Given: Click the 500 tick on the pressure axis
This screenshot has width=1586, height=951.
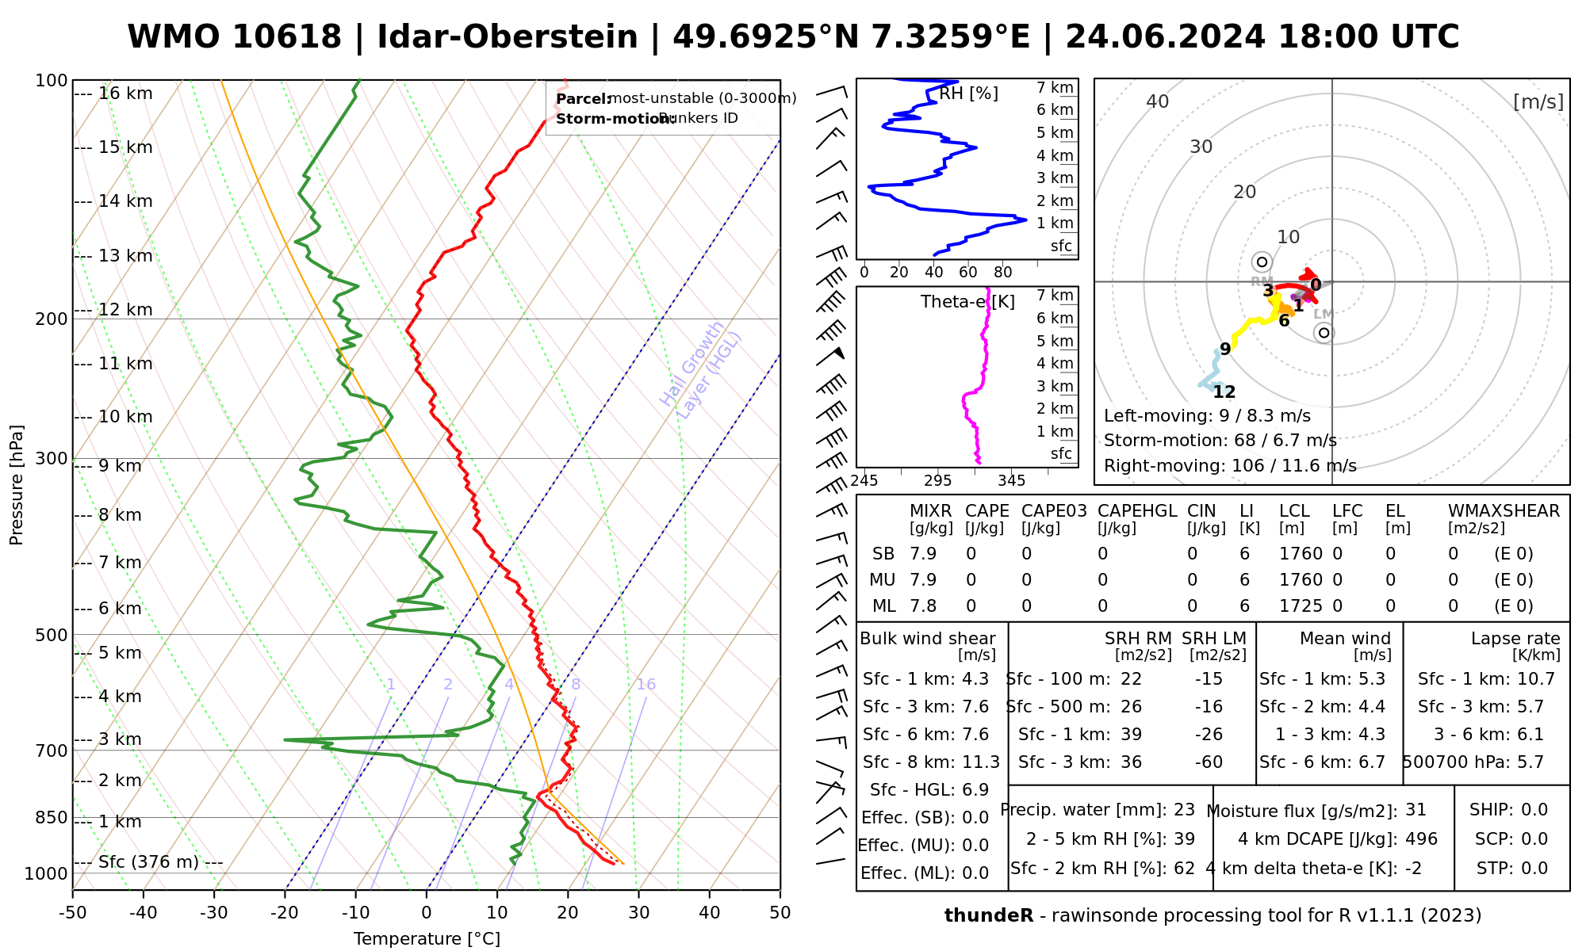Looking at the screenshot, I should (x=52, y=635).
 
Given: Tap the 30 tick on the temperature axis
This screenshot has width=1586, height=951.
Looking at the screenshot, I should (x=638, y=913).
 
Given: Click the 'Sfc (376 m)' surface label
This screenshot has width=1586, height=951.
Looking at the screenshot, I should (x=148, y=862).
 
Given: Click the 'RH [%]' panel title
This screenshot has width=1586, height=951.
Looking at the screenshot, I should (x=968, y=94).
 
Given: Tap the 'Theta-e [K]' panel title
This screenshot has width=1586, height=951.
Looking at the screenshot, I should (x=967, y=302).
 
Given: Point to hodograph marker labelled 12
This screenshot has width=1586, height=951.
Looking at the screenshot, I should (x=1224, y=392).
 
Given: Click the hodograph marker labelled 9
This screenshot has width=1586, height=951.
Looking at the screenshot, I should (x=1225, y=349).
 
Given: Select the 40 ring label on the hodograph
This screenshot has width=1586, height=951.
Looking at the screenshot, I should (x=1158, y=101).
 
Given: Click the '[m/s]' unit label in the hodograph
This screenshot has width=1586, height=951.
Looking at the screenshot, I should (x=1538, y=102).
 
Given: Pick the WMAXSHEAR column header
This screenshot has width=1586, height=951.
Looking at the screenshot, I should (x=1504, y=511).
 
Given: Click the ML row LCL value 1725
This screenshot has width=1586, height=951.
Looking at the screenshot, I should (x=1301, y=606).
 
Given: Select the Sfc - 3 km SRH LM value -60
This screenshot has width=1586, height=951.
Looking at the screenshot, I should (x=1209, y=762).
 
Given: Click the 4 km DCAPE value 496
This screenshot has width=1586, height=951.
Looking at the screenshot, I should (x=1421, y=839).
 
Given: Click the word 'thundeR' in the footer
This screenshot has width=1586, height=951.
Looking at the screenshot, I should (x=988, y=916).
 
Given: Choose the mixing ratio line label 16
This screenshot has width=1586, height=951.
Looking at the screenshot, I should (x=646, y=685).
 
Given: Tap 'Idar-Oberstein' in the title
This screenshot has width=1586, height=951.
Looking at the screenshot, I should (x=508, y=37).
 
